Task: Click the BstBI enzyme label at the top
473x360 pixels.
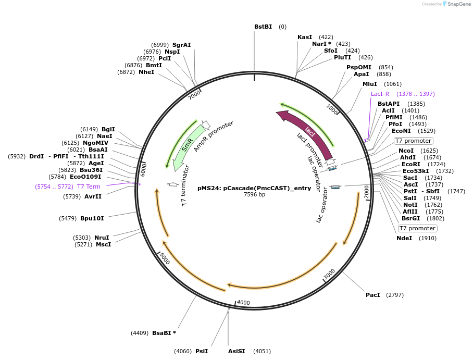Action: [263, 27]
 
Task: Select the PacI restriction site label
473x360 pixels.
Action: [373, 295]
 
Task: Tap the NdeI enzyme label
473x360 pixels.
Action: [404, 238]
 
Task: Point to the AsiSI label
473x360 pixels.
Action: [236, 351]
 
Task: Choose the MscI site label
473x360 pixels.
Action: [103, 244]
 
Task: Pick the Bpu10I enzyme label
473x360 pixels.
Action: [92, 218]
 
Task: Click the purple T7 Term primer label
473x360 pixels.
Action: [89, 187]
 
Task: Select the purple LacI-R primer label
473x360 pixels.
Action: [380, 94]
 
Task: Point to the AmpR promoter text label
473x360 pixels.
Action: [214, 136]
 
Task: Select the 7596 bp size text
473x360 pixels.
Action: [254, 195]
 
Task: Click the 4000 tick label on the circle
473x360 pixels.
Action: [244, 303]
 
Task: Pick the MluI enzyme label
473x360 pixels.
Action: [370, 84]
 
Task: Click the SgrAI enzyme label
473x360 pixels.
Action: [182, 45]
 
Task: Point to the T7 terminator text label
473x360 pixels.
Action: [185, 186]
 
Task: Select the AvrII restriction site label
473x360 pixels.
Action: [93, 196]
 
